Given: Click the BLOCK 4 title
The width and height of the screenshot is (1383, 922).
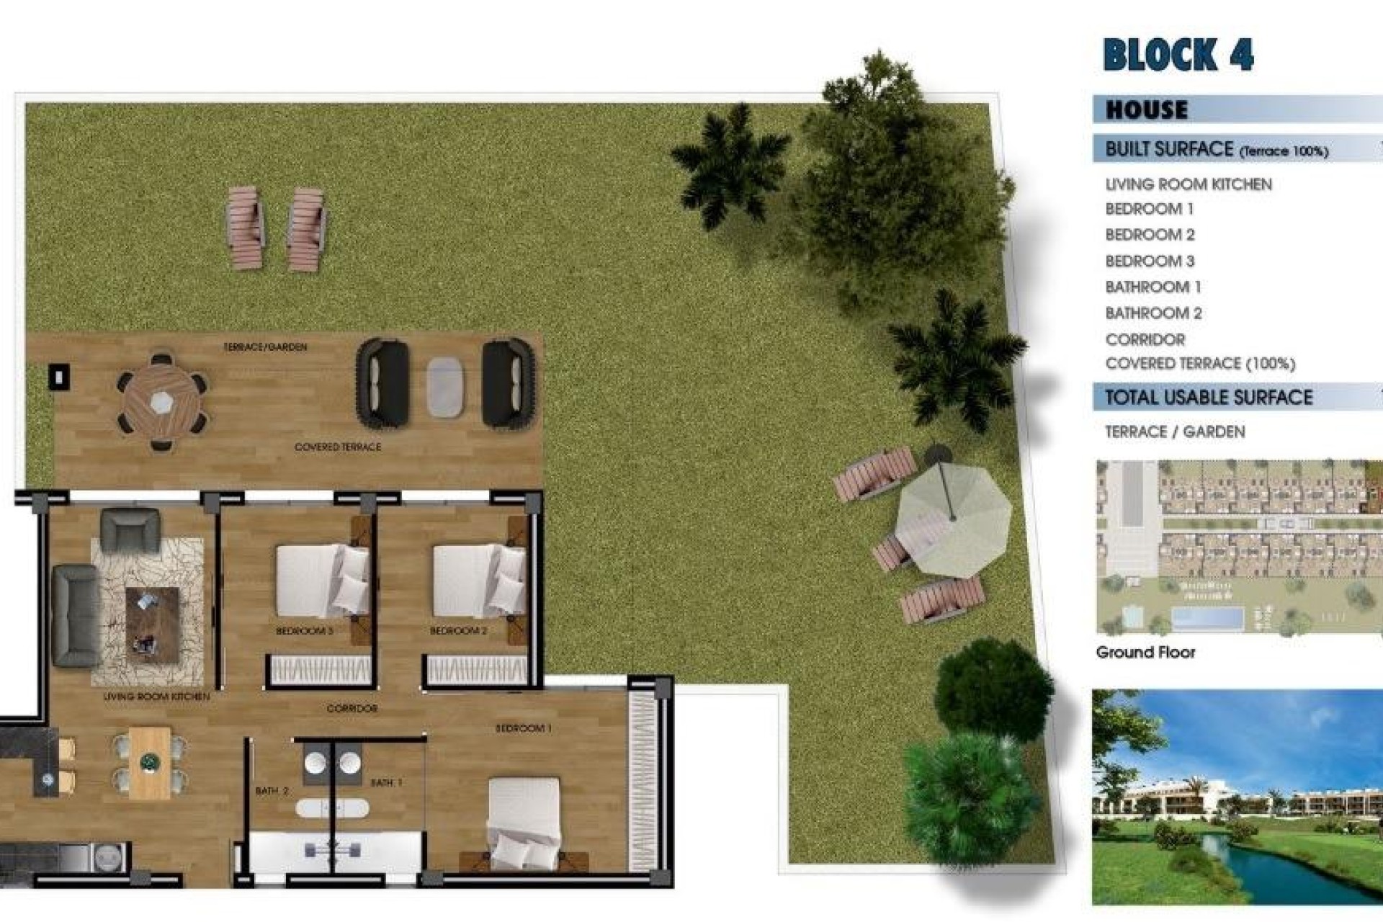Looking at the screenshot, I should pyautogui.click(x=1178, y=55).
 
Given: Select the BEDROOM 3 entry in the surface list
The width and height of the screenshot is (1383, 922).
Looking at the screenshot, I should pyautogui.click(x=1150, y=261).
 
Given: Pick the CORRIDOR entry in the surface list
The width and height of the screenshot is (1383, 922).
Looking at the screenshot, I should pyautogui.click(x=1145, y=339).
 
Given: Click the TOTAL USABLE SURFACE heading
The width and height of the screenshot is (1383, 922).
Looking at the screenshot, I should pyautogui.click(x=1209, y=398).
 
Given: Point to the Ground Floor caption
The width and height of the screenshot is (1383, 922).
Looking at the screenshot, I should pyautogui.click(x=1145, y=653).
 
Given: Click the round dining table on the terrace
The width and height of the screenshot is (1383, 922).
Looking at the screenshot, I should pyautogui.click(x=162, y=401).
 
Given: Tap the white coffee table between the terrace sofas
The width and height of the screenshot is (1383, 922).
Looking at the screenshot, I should pyautogui.click(x=444, y=387).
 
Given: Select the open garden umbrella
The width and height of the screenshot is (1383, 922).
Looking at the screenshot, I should pyautogui.click(x=953, y=519).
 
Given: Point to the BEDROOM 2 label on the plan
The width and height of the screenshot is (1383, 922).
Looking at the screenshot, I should pyautogui.click(x=458, y=631).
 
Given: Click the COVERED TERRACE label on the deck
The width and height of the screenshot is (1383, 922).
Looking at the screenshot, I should pyautogui.click(x=338, y=447).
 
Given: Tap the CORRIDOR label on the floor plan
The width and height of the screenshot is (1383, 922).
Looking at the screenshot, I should pyautogui.click(x=352, y=709).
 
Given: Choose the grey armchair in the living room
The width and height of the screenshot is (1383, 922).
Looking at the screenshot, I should pyautogui.click(x=130, y=530).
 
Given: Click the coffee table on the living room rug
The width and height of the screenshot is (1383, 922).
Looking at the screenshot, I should pyautogui.click(x=152, y=625).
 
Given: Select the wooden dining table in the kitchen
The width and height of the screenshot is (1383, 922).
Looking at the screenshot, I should pyautogui.click(x=150, y=762).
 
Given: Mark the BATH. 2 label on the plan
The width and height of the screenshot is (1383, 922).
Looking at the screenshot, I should pyautogui.click(x=272, y=791).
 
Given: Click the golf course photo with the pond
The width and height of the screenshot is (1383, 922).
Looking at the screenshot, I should pyautogui.click(x=1236, y=797).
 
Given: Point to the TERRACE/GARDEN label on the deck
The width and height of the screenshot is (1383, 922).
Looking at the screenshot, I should pyautogui.click(x=265, y=347).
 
